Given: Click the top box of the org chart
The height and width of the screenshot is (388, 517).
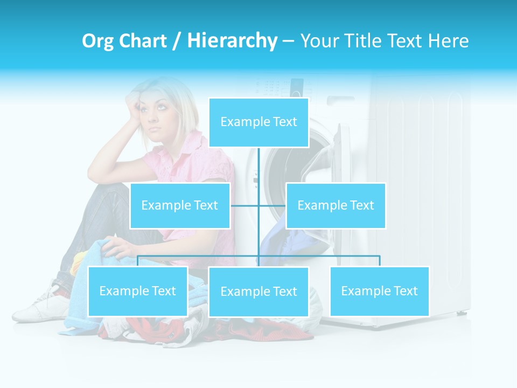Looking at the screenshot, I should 258,122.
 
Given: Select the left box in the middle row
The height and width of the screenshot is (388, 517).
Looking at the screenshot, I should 180,205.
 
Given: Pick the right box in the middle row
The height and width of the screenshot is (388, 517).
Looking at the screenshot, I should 336,205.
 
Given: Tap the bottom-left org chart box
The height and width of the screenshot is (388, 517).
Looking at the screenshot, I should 137,291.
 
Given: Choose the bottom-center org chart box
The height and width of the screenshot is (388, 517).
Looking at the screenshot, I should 258,292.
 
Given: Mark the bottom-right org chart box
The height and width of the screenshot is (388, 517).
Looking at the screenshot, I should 379,291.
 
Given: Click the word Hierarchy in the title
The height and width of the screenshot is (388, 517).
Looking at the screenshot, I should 232,41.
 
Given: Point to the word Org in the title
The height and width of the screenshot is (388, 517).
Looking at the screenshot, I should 97,41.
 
